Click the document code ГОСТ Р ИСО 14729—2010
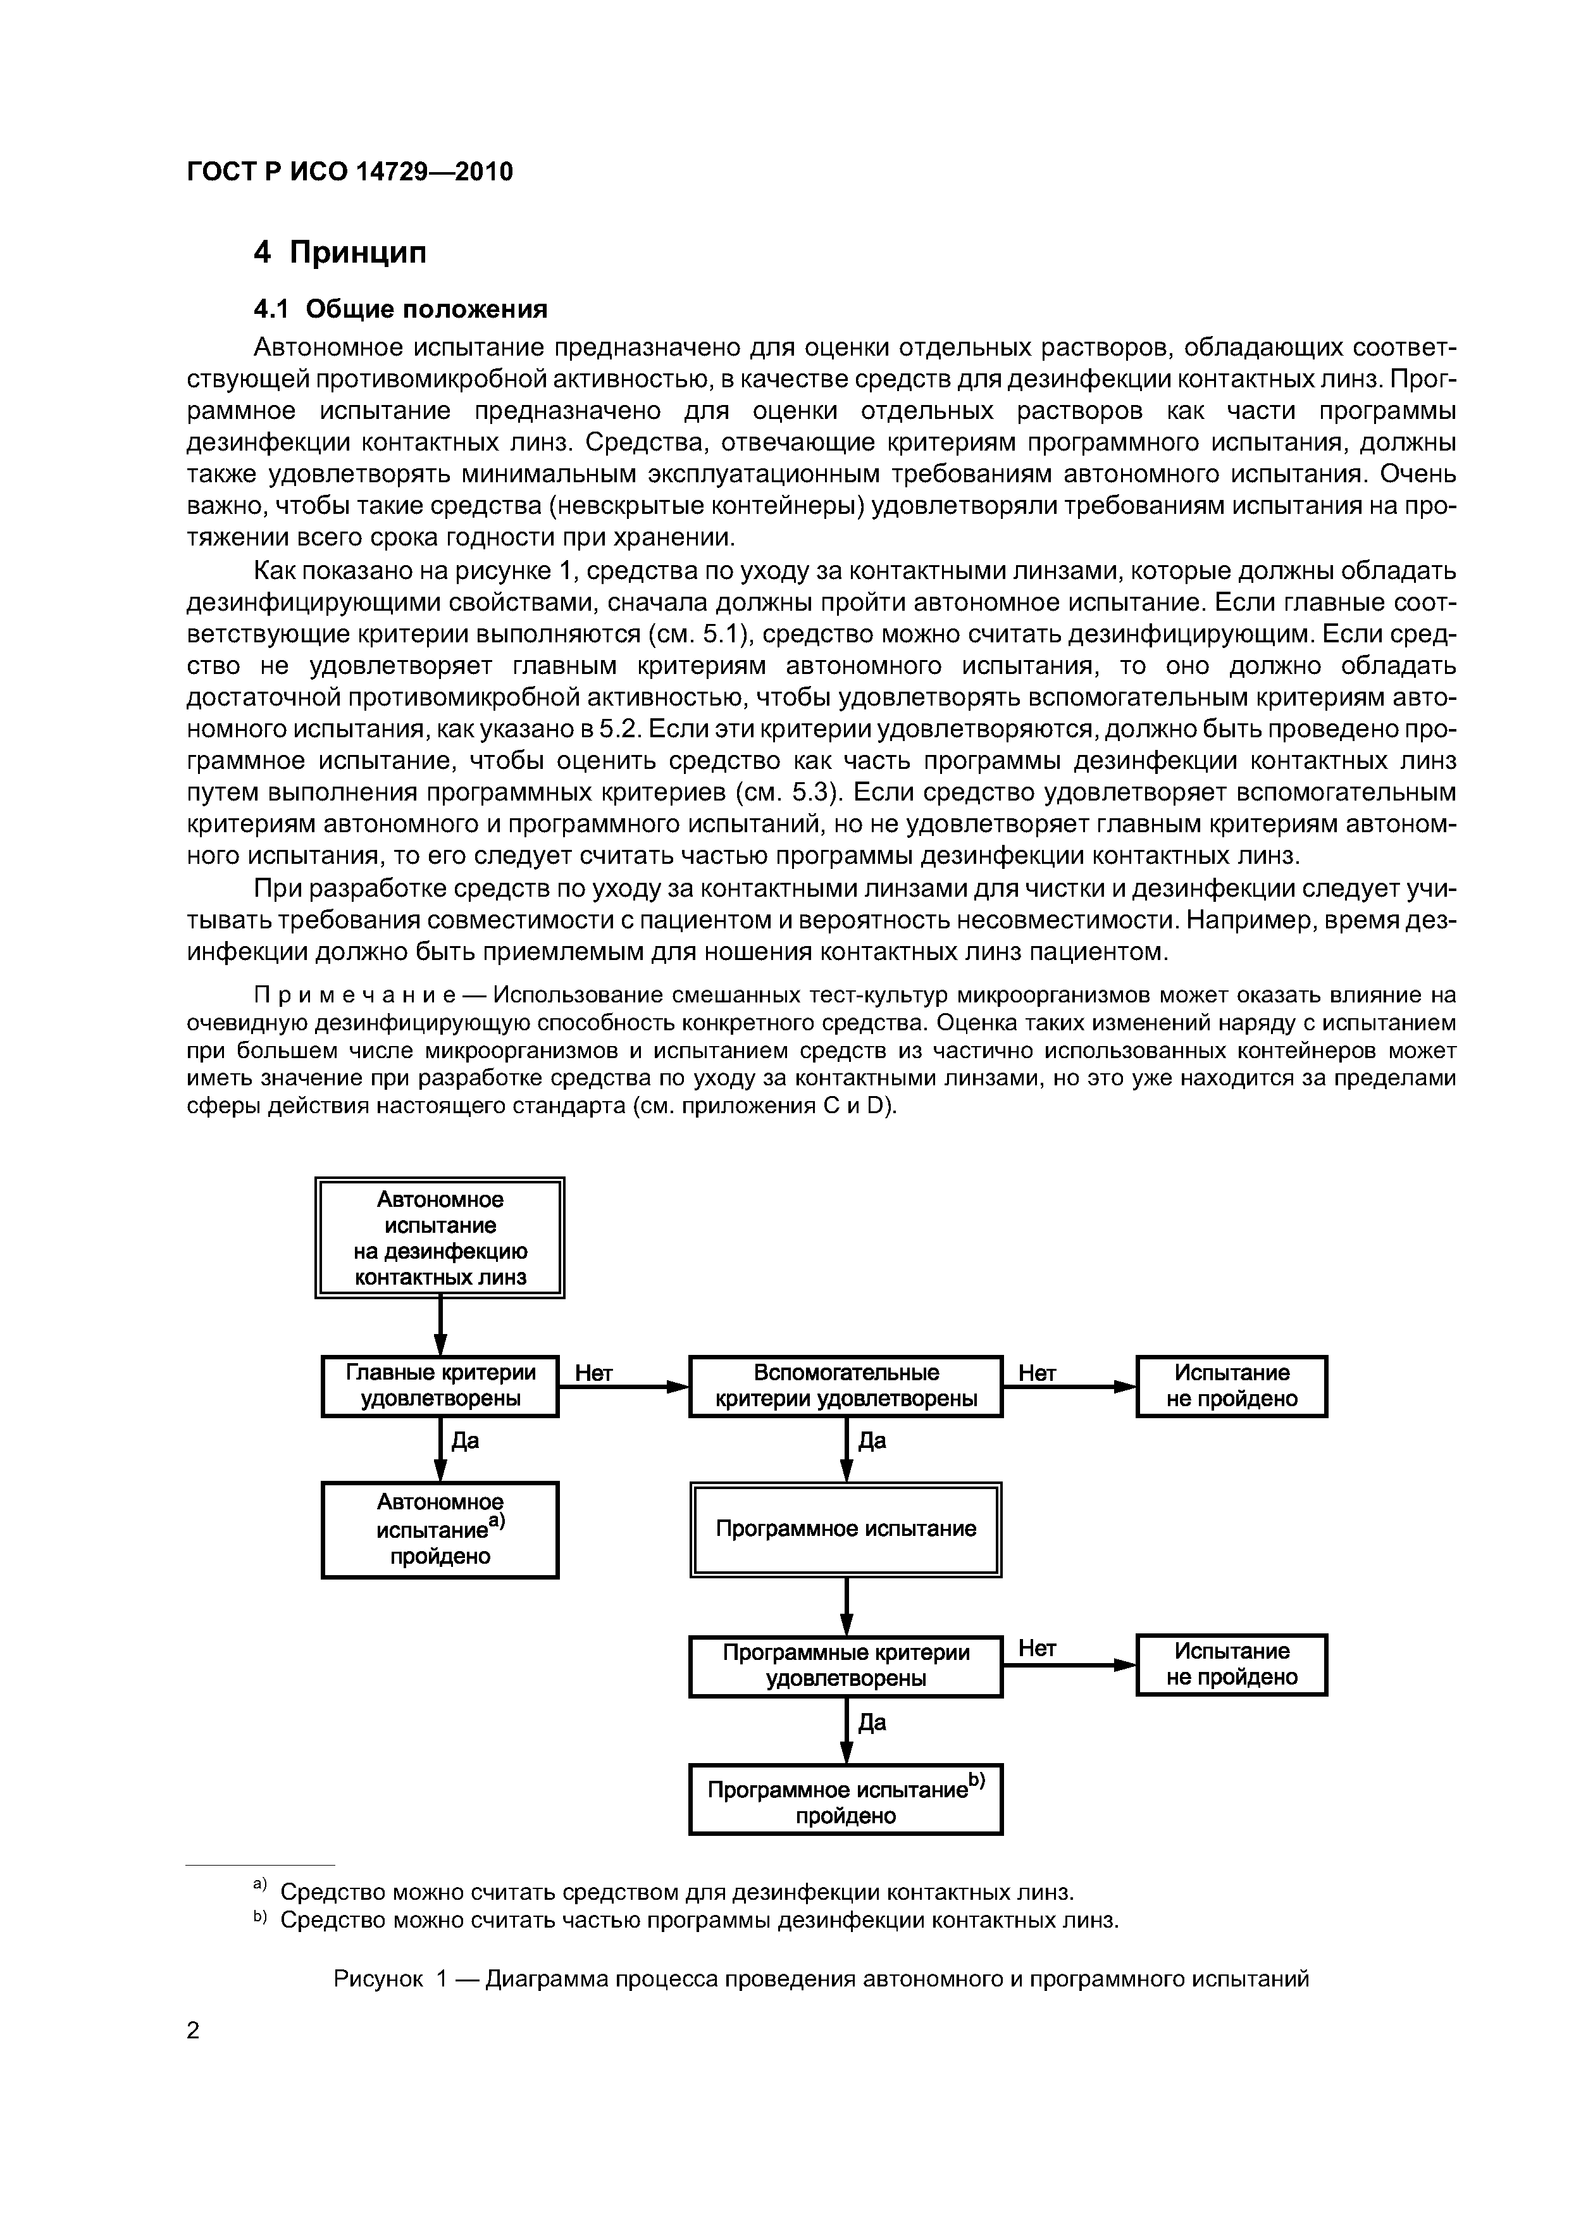(x=349, y=172)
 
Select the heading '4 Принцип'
(x=339, y=253)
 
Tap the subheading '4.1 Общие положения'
(x=400, y=309)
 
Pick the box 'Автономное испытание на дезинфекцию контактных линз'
(x=440, y=1238)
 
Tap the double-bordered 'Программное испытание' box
(x=846, y=1529)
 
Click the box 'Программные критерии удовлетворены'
(x=846, y=1665)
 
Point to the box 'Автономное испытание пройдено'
(x=440, y=1530)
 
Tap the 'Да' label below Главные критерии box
(x=466, y=1441)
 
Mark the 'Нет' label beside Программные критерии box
(x=1038, y=1649)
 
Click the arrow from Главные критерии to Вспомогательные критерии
(x=624, y=1387)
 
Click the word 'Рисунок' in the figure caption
(x=378, y=1978)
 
